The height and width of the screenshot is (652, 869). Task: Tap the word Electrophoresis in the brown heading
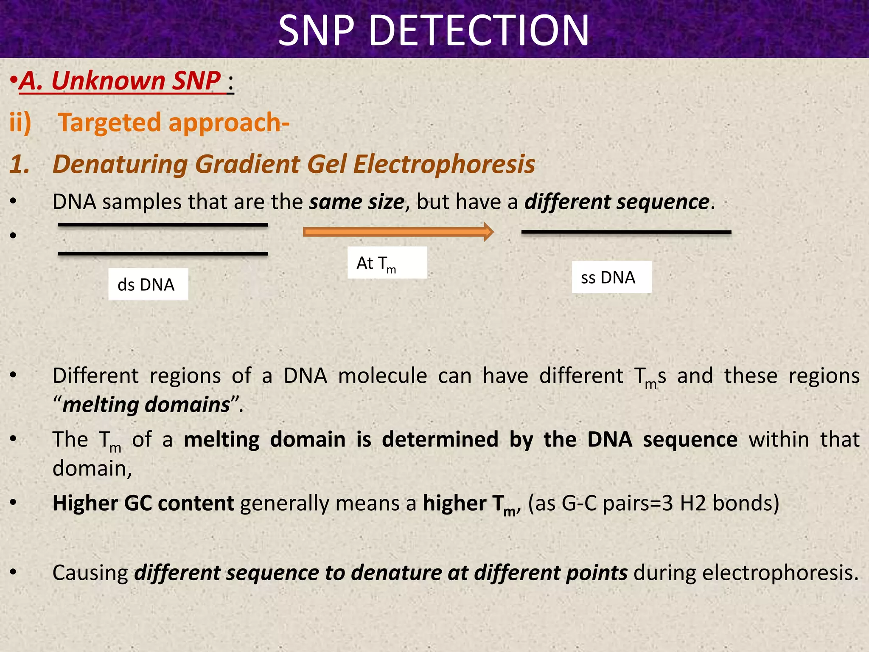[444, 164]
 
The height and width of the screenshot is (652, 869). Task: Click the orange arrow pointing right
[398, 232]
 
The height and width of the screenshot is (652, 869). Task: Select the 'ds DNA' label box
[148, 284]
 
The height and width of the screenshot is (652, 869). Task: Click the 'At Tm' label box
[387, 263]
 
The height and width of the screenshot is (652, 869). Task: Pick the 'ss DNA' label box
[611, 277]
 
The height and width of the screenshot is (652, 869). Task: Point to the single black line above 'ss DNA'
[626, 232]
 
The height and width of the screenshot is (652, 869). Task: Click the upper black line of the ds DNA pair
[163, 225]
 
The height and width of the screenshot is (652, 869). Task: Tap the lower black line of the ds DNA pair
[163, 254]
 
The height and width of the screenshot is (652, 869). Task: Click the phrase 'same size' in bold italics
[356, 202]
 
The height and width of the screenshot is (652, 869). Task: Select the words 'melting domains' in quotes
[146, 405]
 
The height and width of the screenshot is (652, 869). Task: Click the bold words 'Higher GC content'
[143, 503]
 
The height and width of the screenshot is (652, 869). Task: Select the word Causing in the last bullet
[90, 573]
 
